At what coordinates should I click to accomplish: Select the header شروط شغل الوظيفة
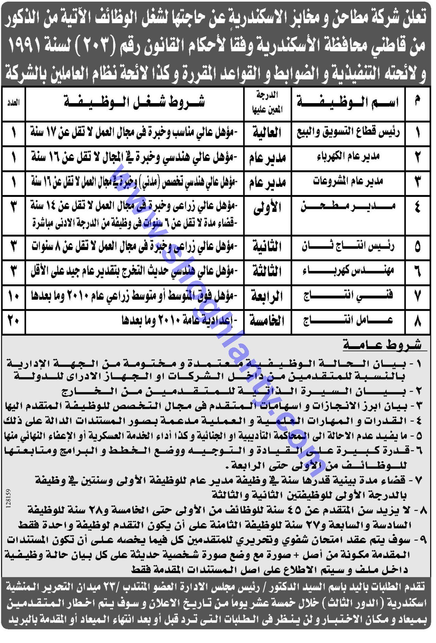[x=134, y=103]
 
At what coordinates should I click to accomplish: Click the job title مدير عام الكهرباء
[x=348, y=156]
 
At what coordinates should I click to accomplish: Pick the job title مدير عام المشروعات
[x=348, y=182]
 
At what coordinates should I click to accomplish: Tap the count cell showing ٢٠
[x=13, y=321]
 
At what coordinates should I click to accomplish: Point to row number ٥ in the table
[x=418, y=247]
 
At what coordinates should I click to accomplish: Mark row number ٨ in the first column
[x=418, y=321]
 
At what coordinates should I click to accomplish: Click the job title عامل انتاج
[x=348, y=321]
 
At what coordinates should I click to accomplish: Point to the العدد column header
[x=13, y=103]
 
